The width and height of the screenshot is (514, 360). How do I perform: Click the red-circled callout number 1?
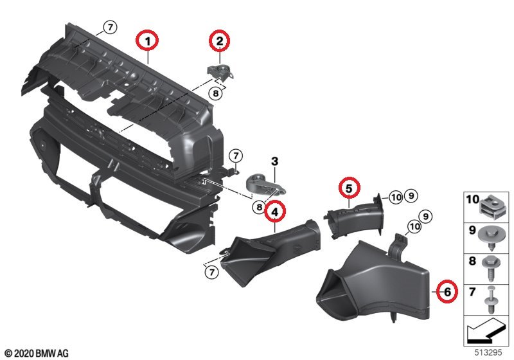coord(148,42)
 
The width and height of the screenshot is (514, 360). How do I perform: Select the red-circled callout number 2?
coord(220,42)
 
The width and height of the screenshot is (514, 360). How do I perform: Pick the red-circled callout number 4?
coord(274,210)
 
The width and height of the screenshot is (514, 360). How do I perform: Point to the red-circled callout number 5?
coord(348,188)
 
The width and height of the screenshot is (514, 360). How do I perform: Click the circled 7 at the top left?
coord(110,27)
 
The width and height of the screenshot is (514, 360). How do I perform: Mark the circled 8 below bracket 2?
coord(215,93)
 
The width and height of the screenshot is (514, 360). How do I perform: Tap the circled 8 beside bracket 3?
coord(258,207)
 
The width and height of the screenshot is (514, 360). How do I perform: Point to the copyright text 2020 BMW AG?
coord(36,353)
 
